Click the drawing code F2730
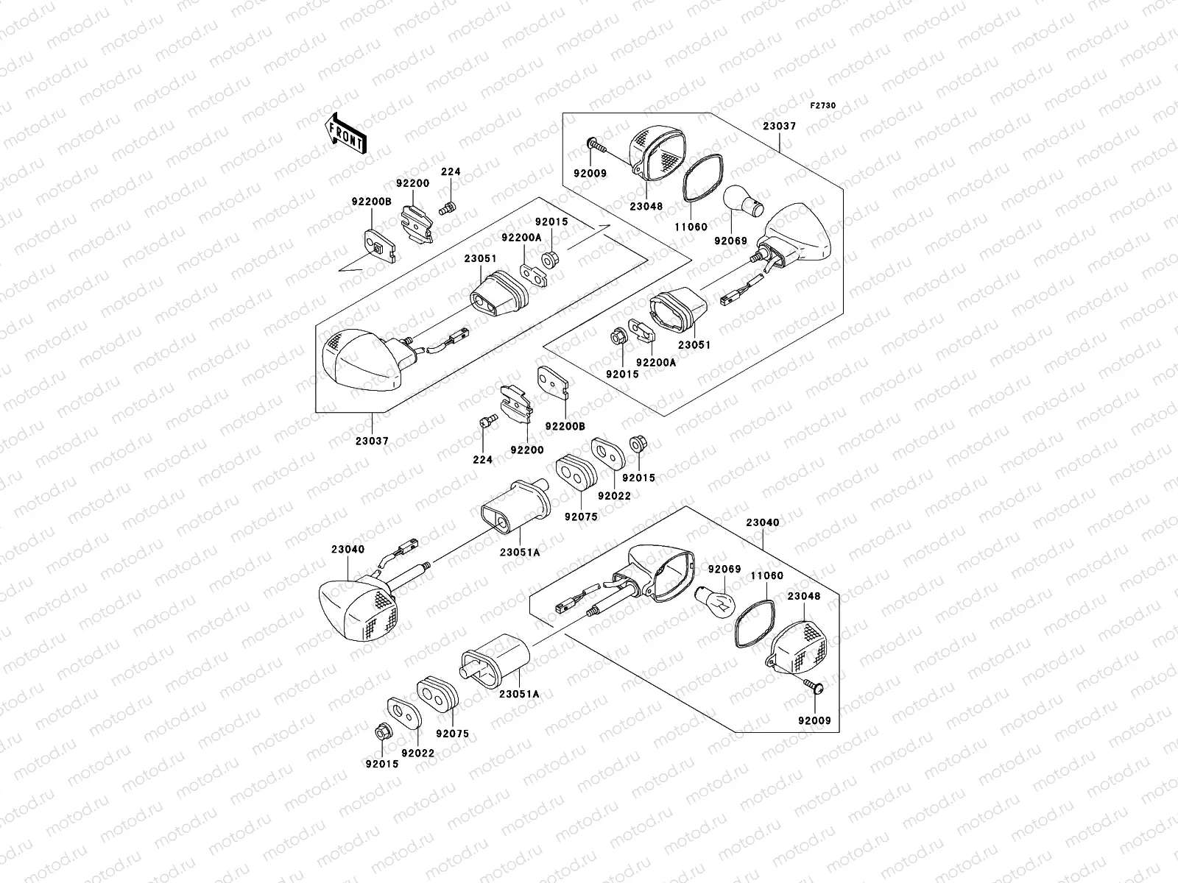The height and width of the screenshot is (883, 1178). pos(823,106)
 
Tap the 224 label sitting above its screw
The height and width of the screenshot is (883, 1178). pos(451,172)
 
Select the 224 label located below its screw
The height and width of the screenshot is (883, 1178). pos(483,459)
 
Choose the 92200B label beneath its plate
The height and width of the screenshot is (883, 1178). pos(565,425)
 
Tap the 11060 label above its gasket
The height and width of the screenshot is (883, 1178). pos(766,576)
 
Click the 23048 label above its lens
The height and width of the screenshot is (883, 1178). pos(803,596)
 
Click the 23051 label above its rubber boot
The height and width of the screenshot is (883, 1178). pos(480,258)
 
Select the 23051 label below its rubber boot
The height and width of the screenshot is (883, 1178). pos(694,344)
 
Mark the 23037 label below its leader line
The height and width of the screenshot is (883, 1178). pos(371,441)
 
